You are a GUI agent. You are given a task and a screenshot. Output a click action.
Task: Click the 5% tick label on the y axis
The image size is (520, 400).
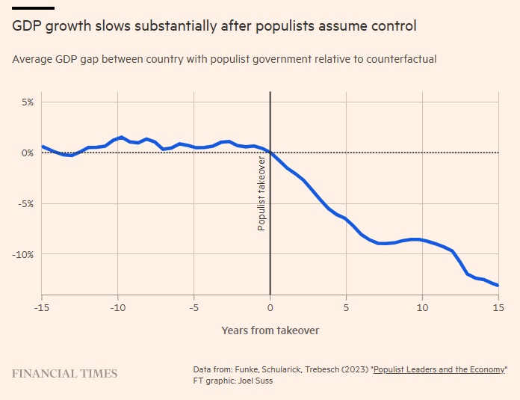point(27,102)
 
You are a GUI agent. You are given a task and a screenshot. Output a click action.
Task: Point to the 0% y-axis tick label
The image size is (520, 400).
point(27,153)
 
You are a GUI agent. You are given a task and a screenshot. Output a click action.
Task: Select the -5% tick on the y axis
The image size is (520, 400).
point(25,203)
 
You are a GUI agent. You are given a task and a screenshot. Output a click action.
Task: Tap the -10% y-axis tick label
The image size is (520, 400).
point(23,254)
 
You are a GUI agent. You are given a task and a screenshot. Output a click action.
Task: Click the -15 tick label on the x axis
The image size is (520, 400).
point(43,307)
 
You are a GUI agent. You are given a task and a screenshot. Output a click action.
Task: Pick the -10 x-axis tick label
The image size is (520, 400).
point(117,307)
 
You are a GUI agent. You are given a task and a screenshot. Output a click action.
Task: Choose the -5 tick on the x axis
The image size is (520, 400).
point(194,307)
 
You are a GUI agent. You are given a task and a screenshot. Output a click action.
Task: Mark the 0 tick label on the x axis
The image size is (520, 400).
point(270,307)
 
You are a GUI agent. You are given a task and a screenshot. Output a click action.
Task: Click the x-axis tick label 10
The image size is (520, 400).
point(422,307)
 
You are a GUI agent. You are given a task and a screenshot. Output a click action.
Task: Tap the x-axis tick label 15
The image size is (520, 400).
point(498,307)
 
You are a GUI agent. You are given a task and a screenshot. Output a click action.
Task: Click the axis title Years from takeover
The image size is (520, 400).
point(270,330)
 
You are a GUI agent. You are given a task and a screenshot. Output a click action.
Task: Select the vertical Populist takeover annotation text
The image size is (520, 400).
point(261,194)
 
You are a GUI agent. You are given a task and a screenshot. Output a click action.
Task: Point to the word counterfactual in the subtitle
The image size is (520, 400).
point(402,58)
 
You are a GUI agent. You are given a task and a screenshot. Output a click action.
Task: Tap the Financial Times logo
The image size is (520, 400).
point(64,373)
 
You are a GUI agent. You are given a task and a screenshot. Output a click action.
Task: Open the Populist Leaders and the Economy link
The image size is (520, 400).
point(439,369)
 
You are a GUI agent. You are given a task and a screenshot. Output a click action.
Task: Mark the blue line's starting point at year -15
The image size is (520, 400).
point(43,146)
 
